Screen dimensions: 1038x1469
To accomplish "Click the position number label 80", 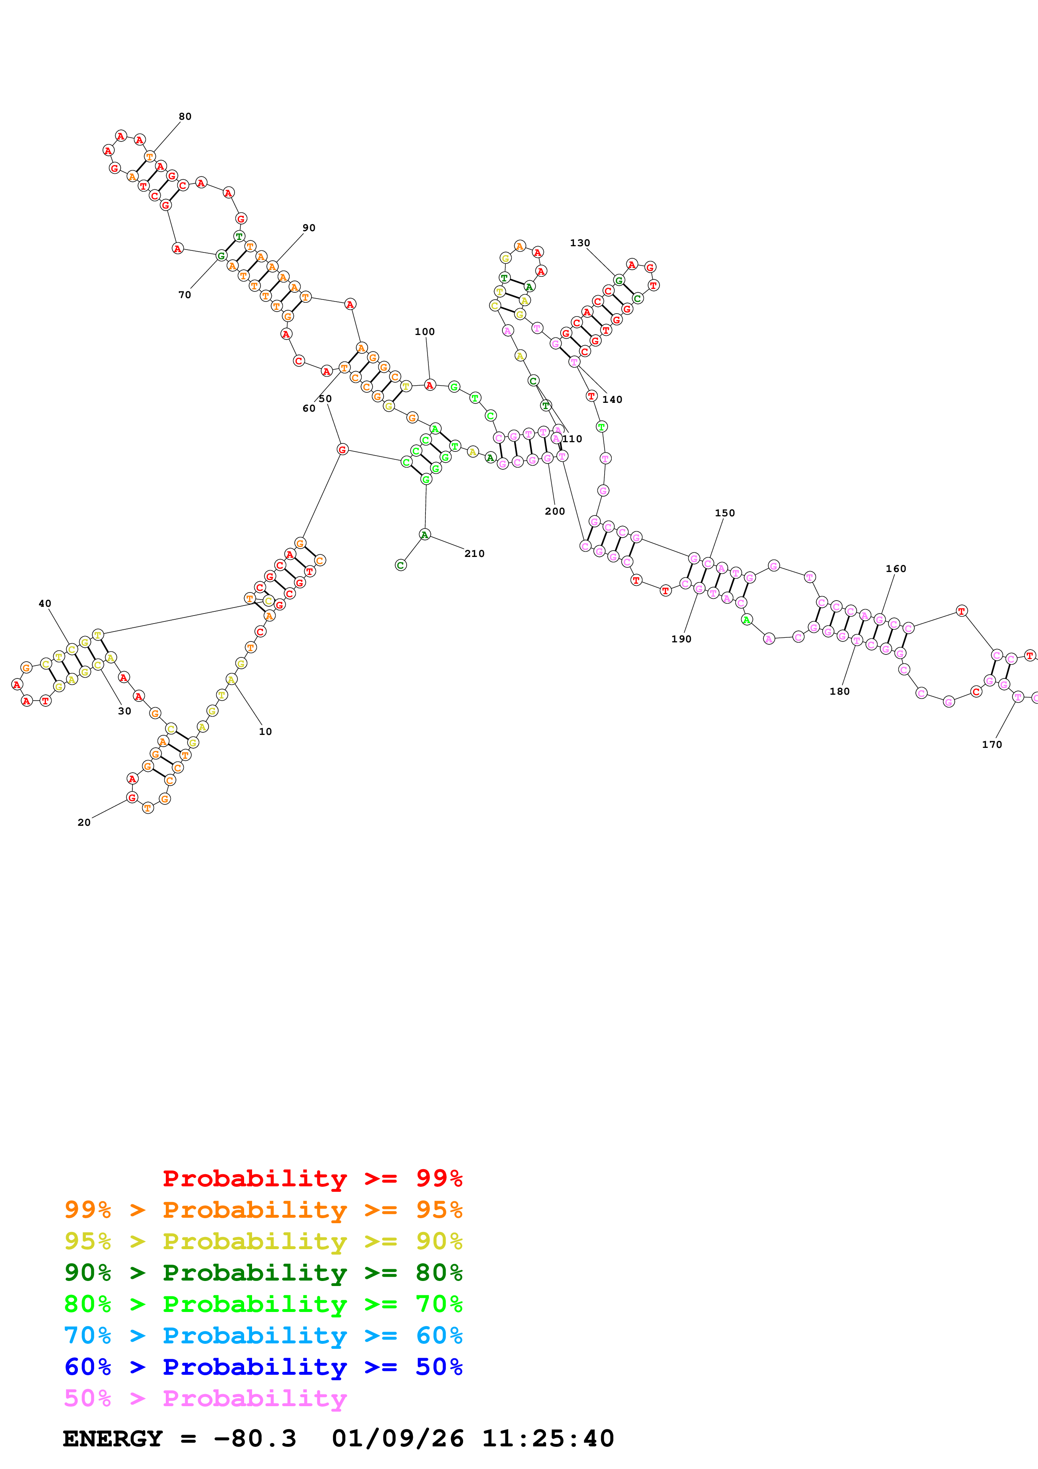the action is pos(185,116).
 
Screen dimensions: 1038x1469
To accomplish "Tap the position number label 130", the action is pos(580,243).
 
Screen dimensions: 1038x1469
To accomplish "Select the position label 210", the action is pos(474,554).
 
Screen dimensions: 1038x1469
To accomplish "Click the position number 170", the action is pos(992,745).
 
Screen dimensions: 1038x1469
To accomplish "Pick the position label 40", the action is pos(45,604).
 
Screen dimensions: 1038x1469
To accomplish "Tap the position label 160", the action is pos(896,569).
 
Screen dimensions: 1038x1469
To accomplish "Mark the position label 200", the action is pos(555,512).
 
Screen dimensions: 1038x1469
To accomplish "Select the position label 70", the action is pos(185,295).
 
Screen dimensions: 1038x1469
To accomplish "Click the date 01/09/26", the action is pos(398,1439).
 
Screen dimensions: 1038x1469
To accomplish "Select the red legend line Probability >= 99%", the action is pos(312,1178).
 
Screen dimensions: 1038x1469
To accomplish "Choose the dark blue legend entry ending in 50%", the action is pos(263,1367).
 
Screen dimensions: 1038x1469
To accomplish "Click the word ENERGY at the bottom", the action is pos(113,1439).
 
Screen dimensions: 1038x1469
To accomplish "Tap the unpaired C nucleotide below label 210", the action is pos(400,565).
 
